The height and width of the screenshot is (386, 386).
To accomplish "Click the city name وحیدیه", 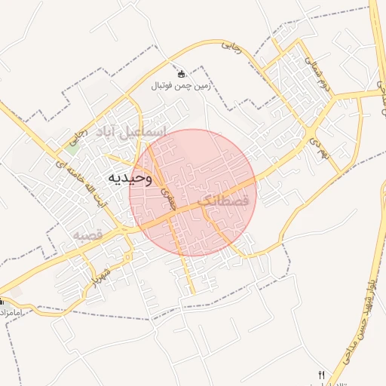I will (x=129, y=178).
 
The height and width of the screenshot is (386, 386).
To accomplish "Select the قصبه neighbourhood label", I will (x=87, y=234).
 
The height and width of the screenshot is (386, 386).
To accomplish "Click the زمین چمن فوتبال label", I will (x=181, y=86).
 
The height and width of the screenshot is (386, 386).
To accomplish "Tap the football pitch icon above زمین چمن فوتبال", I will (x=181, y=74).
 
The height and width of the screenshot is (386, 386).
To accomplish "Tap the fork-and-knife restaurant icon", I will (x=322, y=375).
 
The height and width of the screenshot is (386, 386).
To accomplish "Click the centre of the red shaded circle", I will (x=193, y=192).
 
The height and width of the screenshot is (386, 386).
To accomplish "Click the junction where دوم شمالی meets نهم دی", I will (x=312, y=136).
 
